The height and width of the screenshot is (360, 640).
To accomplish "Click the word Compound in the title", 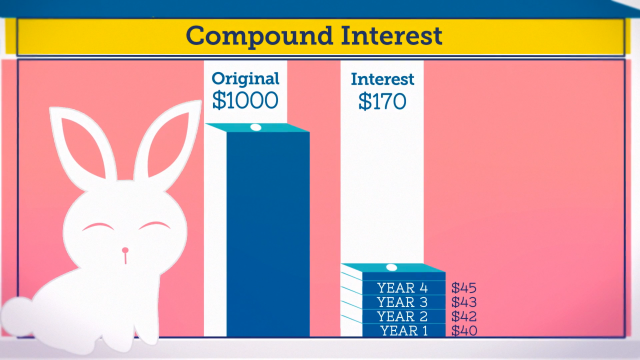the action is click(x=259, y=36).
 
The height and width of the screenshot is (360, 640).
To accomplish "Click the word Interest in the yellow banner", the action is click(x=391, y=35).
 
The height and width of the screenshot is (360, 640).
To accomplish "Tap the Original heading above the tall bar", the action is click(x=245, y=79).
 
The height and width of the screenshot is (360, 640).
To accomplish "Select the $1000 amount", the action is click(x=245, y=100).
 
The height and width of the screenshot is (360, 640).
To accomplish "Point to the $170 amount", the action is click(x=382, y=101).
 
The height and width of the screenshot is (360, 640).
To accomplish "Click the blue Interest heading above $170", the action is click(x=382, y=79).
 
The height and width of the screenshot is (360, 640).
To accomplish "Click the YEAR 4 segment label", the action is click(x=402, y=287).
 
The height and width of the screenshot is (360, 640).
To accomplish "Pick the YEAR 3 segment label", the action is click(x=402, y=302).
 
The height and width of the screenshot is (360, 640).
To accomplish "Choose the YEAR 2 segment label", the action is click(x=402, y=316).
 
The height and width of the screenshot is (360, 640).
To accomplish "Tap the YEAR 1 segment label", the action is click(x=404, y=330).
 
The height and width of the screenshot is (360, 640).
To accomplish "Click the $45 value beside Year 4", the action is click(x=464, y=287).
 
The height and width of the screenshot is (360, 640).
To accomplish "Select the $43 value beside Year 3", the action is click(x=464, y=302).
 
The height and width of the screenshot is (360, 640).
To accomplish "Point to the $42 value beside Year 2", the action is click(x=464, y=316).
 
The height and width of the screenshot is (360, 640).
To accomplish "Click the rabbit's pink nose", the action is click(x=125, y=250).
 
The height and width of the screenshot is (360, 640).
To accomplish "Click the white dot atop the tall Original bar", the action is click(x=255, y=127).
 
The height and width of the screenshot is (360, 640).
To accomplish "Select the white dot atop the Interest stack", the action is click(x=391, y=267).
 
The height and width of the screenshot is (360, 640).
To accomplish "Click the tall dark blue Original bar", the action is click(x=268, y=234).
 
